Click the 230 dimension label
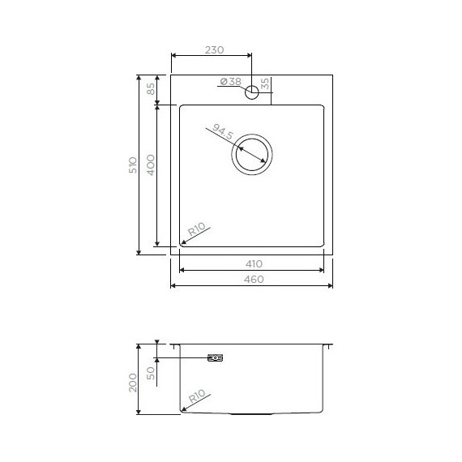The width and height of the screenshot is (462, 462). click(x=213, y=49)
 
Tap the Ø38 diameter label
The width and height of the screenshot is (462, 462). click(x=230, y=82)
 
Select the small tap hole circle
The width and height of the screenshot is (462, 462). click(x=252, y=91)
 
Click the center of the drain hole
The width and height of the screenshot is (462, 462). click(x=252, y=154)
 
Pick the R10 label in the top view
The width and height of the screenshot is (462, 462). click(x=197, y=232)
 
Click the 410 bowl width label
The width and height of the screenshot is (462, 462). click(x=253, y=264)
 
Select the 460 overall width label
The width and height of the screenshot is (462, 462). click(x=253, y=279)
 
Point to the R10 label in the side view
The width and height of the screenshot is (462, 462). click(x=197, y=397)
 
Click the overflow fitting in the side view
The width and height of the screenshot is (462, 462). click(x=216, y=357)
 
